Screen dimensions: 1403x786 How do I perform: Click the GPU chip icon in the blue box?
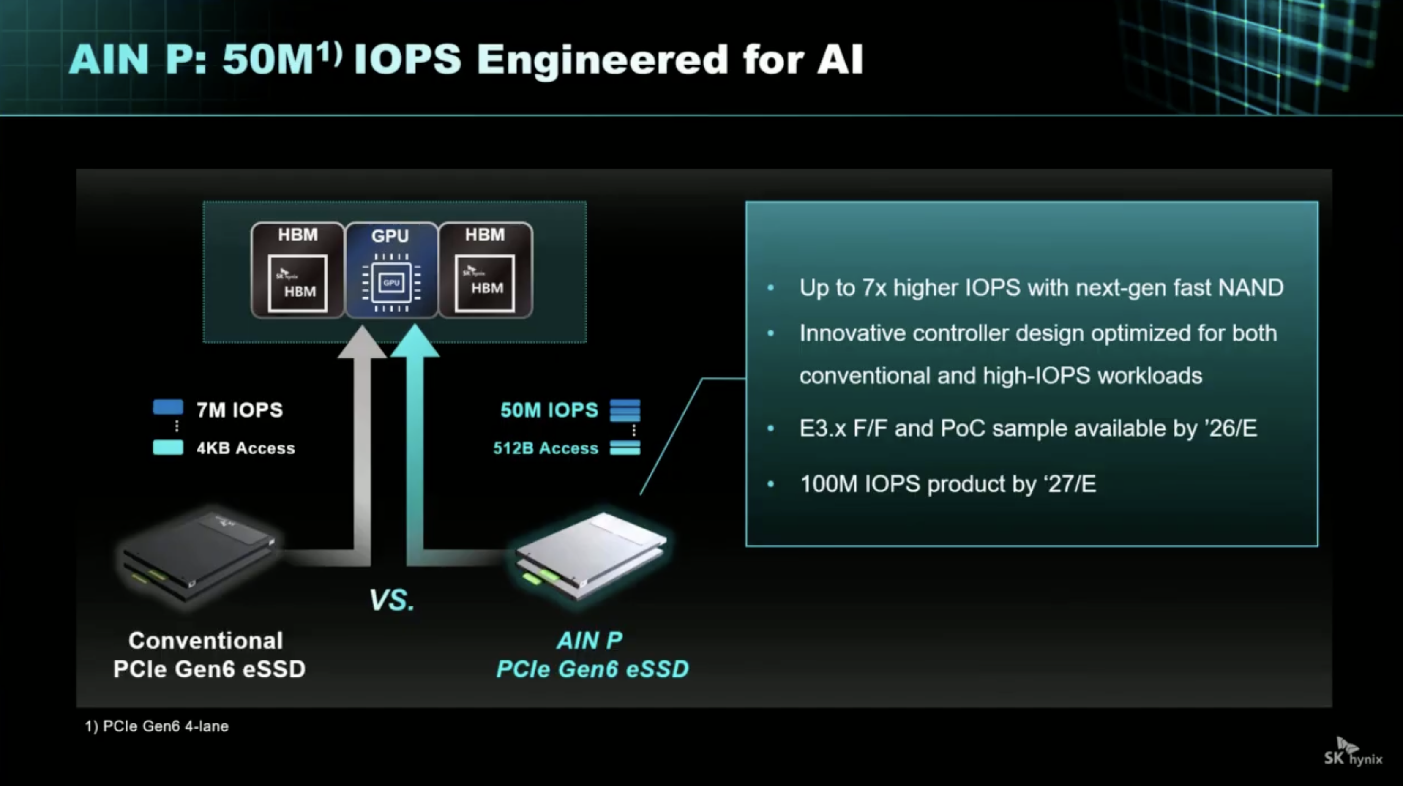pyautogui.click(x=391, y=282)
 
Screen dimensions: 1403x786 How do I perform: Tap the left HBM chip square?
pyautogui.click(x=298, y=283)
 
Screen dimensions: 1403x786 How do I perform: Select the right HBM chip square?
pyautogui.click(x=485, y=283)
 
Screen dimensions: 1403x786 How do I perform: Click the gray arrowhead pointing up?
pyautogui.click(x=362, y=341)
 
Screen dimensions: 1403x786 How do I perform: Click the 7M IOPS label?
pyautogui.click(x=240, y=409)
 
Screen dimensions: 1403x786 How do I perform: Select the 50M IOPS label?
pyautogui.click(x=549, y=409)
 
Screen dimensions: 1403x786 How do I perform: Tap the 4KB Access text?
pyautogui.click(x=246, y=448)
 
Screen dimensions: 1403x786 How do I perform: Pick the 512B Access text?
pyautogui.click(x=545, y=448)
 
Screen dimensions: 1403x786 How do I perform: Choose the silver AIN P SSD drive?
pyautogui.click(x=591, y=556)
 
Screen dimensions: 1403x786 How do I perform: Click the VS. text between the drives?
pyautogui.click(x=392, y=600)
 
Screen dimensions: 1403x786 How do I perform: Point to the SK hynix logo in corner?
pyautogui.click(x=1353, y=752)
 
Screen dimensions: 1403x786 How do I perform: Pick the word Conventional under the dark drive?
pyautogui.click(x=206, y=641)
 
